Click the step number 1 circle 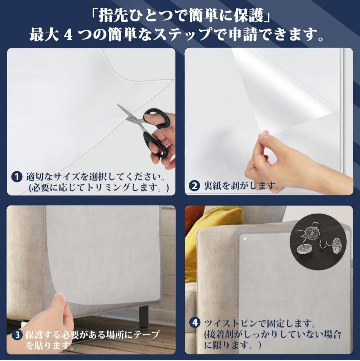click(x=16, y=177)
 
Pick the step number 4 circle click(x=195, y=323)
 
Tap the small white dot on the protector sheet click(x=245, y=239)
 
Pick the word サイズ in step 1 click(x=67, y=177)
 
